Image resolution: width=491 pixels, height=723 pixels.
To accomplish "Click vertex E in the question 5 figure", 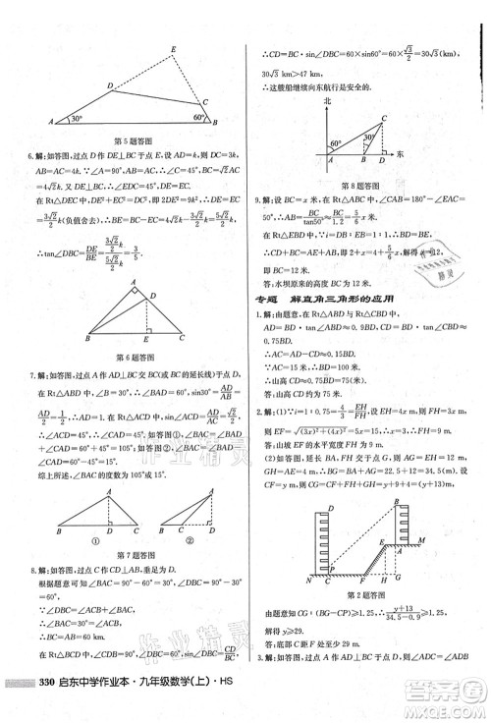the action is pyautogui.click(x=173, y=49).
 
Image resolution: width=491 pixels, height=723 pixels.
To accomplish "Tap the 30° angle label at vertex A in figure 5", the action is pyautogui.click(x=75, y=119).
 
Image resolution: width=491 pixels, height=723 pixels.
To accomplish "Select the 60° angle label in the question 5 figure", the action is pyautogui.click(x=197, y=115).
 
